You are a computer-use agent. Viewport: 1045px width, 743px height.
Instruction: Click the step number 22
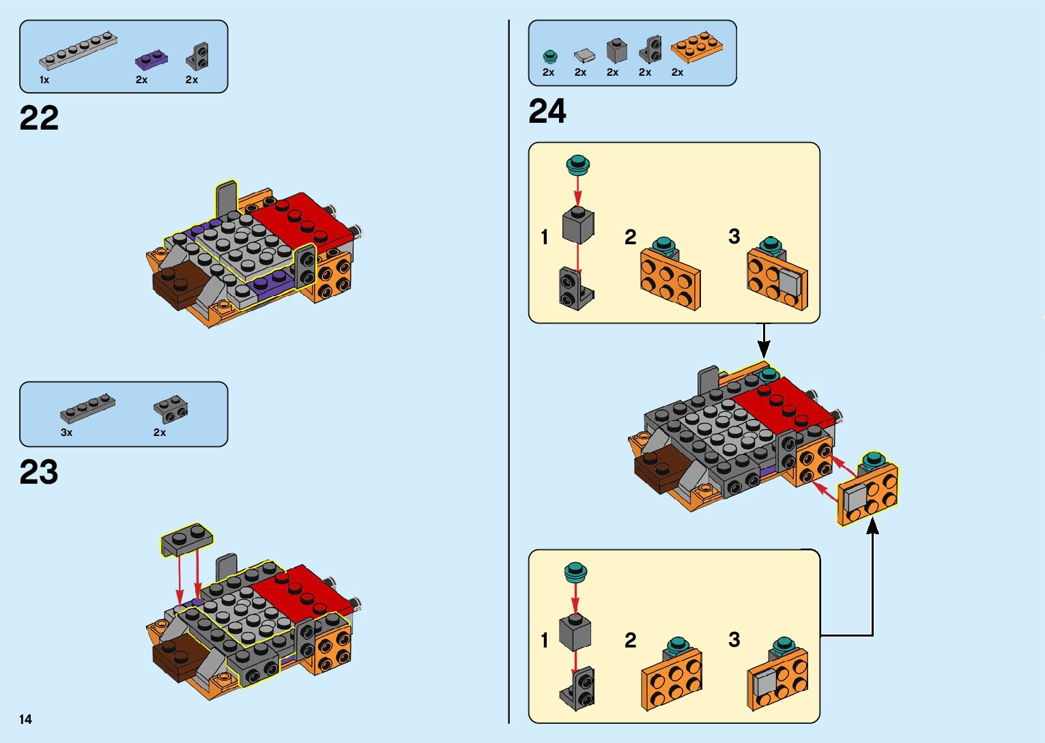click(39, 118)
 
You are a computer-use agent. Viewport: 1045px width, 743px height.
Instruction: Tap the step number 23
click(39, 472)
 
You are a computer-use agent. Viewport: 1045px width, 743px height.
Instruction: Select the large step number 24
click(547, 111)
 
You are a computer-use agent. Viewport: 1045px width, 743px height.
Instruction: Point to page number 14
click(26, 719)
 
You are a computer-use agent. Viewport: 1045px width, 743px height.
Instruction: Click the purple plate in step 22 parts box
click(152, 60)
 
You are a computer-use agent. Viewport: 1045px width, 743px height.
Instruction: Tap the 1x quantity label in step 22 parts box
click(44, 80)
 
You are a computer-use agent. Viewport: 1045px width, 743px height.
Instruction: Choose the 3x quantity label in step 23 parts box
click(66, 433)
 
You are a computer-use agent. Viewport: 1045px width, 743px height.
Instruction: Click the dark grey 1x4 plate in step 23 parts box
click(87, 407)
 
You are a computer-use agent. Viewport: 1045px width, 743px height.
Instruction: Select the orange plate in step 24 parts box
click(698, 46)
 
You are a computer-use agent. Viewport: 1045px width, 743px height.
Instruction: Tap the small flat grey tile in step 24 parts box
click(584, 54)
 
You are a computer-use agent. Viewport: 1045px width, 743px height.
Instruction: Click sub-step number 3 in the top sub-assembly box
click(734, 236)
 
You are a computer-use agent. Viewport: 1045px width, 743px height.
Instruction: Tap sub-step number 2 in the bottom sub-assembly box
click(630, 640)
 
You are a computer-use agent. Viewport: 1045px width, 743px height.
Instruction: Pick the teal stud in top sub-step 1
click(578, 164)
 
